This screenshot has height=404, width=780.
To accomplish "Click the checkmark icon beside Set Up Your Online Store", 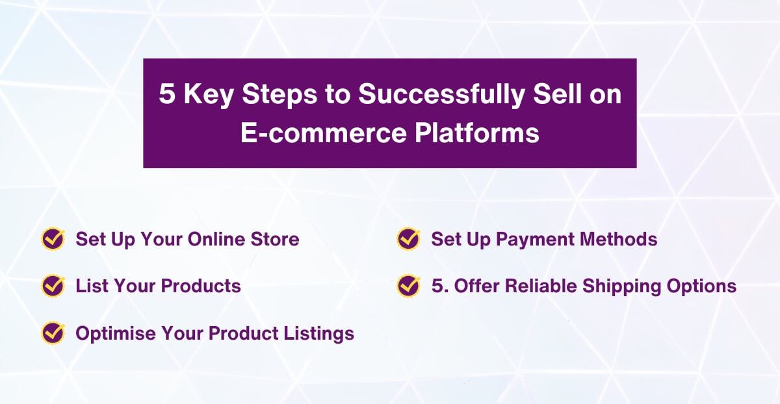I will tap(53, 239).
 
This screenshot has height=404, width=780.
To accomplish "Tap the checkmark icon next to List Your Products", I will tap(53, 286).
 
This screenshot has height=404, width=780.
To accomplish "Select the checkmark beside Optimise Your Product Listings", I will tap(53, 333).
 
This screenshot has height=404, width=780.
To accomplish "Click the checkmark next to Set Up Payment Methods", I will tap(408, 239).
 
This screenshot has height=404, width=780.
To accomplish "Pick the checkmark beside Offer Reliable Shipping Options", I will tap(408, 286).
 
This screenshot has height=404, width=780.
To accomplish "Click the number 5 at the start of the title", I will tap(167, 95).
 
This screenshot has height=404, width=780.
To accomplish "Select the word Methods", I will tap(618, 239).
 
